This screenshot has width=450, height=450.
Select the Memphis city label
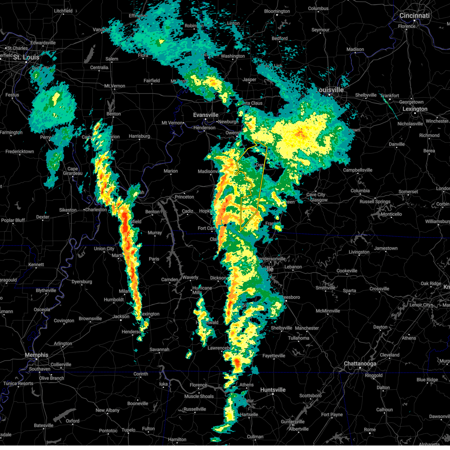[x=36, y=355]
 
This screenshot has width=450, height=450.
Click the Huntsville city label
[x=273, y=390]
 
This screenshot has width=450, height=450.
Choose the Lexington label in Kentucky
[x=415, y=109]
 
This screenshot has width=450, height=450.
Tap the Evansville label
[x=205, y=115]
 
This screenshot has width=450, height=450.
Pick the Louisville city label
[x=330, y=90]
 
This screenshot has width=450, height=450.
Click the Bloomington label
[x=277, y=11]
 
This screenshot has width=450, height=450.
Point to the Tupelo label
[x=129, y=430]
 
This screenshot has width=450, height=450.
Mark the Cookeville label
[x=347, y=271]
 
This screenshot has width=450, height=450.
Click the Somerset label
[x=408, y=192]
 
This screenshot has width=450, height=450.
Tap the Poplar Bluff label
[x=13, y=220]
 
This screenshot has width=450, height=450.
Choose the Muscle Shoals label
[x=199, y=396]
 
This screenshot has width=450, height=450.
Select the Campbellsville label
[x=358, y=170]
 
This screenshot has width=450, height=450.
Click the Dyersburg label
[x=82, y=282]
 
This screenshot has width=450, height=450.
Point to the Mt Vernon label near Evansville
[x=172, y=123]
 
